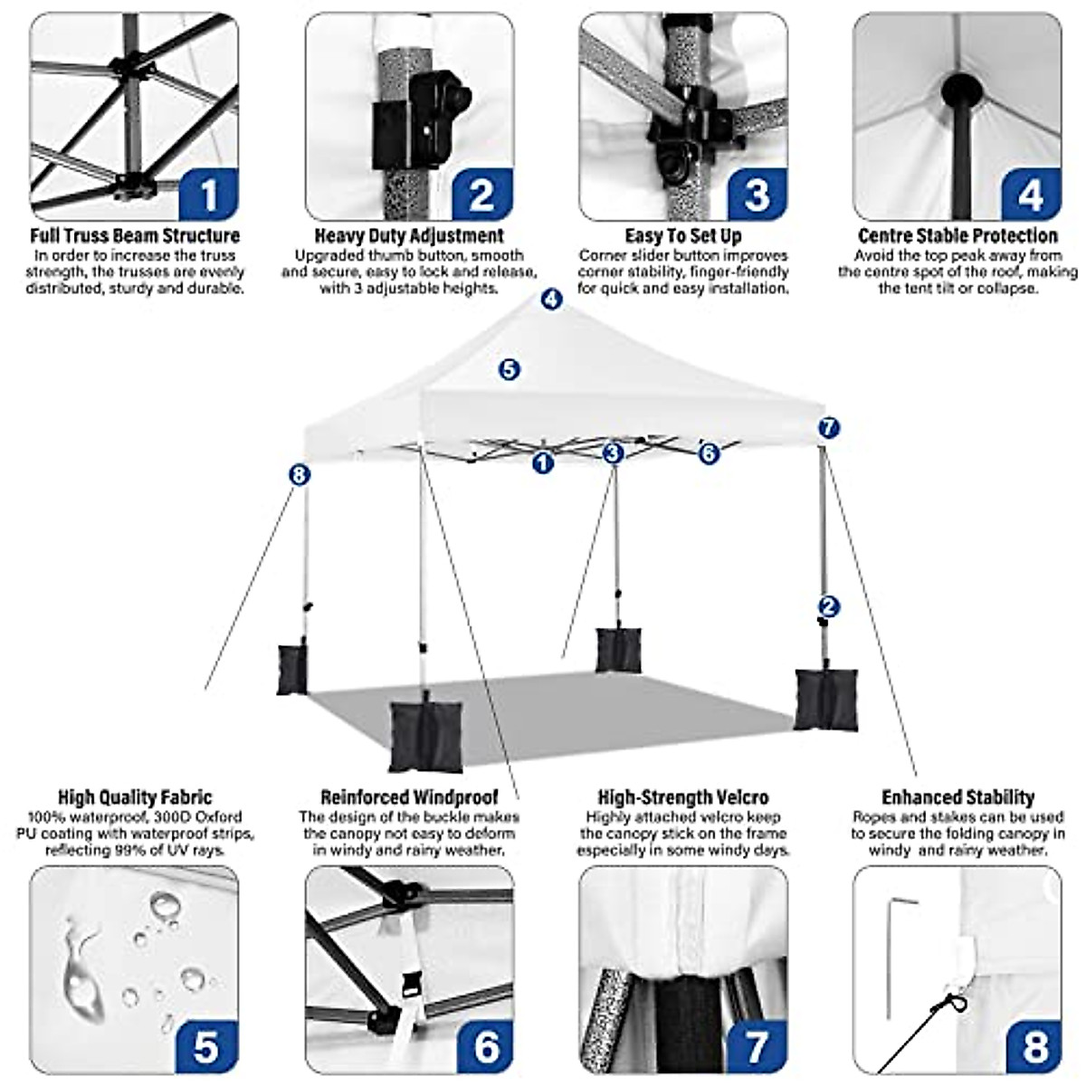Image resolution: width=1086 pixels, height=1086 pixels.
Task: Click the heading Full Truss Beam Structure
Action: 135,236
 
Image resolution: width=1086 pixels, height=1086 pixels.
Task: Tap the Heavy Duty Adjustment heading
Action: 409,236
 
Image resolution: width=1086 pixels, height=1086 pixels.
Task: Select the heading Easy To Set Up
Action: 683,236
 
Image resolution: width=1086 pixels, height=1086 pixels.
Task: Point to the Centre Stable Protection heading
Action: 957,236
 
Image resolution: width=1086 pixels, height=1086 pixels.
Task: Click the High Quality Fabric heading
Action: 135,797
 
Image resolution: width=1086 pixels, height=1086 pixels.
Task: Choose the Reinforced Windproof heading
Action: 409,797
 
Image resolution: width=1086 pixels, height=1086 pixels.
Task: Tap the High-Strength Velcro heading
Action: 683,797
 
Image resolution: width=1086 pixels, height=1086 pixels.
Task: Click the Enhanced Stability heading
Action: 957,797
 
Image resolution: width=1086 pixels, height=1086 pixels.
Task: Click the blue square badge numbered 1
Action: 209,195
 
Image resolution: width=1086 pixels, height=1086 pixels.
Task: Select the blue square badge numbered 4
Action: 1030,195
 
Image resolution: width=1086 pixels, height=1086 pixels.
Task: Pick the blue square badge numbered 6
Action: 484,1046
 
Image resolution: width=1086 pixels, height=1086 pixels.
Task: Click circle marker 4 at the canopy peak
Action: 552,300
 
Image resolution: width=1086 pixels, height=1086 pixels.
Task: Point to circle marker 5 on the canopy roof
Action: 510,369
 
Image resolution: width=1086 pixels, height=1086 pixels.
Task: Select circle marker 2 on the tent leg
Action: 828,606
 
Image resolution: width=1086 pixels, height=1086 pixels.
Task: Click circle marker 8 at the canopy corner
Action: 300,474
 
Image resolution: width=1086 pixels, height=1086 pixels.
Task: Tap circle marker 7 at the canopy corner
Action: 829,428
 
